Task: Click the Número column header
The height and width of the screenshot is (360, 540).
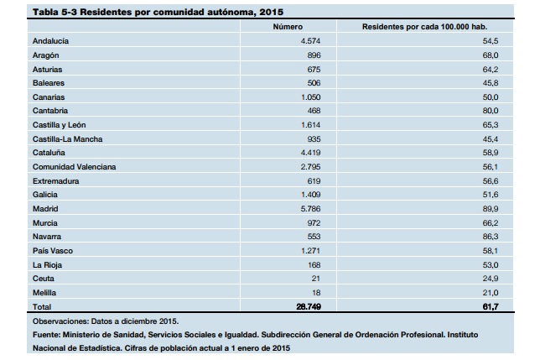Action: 288,27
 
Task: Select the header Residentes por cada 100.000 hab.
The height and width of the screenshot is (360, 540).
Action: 424,27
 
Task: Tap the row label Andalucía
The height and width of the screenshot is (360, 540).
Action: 50,41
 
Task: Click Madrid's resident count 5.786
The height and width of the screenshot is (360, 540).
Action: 310,209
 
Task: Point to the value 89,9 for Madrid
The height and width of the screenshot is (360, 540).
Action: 491,209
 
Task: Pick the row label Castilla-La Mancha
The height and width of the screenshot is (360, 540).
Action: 67,139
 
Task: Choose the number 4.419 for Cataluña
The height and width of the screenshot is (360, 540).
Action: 310,153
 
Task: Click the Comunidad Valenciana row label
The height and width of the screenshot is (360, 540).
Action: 75,167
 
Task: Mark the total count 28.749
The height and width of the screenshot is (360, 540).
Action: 309,306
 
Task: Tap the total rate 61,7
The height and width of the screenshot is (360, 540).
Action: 491,306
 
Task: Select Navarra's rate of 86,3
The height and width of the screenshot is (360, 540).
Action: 491,237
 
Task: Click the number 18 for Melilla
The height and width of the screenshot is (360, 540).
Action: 316,293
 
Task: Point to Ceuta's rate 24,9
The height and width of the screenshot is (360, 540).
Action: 491,279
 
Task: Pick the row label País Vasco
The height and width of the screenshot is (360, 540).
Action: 53,251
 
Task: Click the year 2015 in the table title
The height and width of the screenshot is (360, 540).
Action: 272,12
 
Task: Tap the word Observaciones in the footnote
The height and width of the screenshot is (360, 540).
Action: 60,321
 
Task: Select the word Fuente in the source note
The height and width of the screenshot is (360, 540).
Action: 46,335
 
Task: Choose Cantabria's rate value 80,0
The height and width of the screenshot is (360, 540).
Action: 491,111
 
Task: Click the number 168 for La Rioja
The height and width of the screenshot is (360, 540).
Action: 314,265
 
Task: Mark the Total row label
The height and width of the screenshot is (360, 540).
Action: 42,306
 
